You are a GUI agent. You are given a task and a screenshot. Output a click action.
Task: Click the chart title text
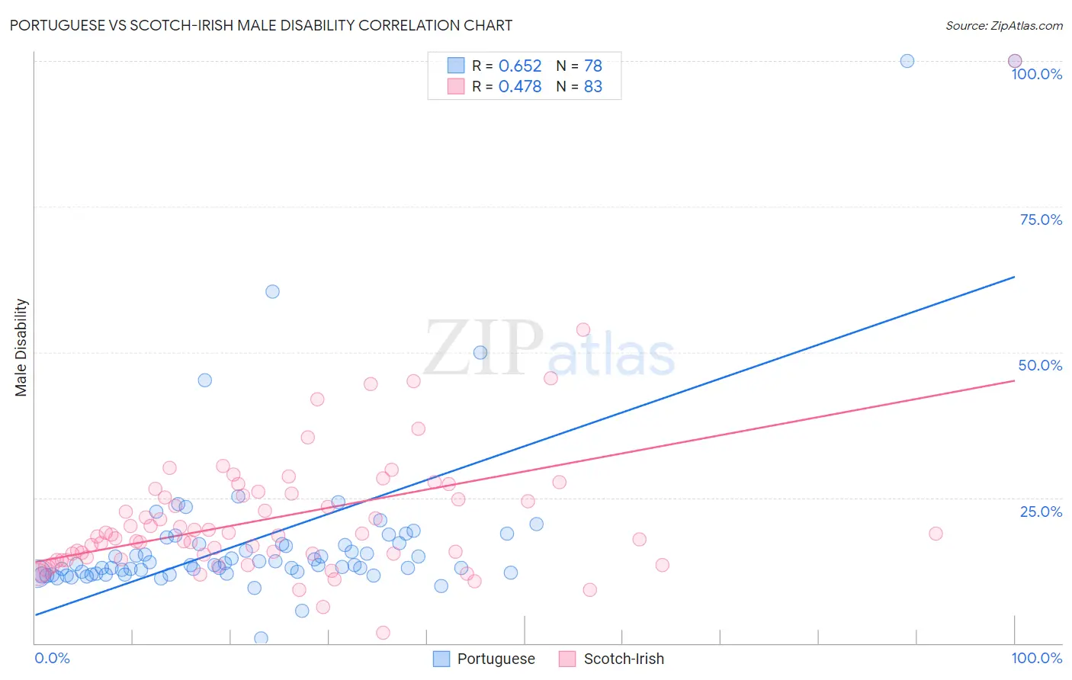(261, 25)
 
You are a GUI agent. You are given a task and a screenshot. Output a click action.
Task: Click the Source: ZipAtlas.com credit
(1003, 25)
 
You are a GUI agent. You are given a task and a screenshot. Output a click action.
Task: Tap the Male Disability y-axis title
(21, 347)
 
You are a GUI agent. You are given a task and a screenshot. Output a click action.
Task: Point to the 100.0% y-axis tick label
(1036, 74)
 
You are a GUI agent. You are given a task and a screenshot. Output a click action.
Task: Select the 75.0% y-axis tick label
(1041, 220)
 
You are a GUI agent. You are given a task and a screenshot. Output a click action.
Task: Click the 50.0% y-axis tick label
(1040, 365)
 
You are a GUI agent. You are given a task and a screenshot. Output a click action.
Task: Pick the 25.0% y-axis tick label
(1041, 512)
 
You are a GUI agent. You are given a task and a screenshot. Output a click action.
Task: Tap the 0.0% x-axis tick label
(52, 658)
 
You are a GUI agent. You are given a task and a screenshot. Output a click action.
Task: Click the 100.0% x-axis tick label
(1036, 658)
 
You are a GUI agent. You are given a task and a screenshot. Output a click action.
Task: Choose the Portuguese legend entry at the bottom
(484, 659)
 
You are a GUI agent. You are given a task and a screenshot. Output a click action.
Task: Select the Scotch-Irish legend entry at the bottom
(611, 659)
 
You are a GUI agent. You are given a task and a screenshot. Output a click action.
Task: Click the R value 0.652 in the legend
(520, 66)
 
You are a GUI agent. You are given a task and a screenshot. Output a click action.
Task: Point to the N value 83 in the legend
(592, 87)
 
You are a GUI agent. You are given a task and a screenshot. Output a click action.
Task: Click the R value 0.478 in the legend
(520, 87)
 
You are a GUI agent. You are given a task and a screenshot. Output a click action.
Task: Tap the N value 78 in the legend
(592, 66)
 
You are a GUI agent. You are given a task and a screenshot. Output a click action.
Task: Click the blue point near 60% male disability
(272, 291)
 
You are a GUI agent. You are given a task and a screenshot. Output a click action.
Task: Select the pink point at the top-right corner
(1015, 61)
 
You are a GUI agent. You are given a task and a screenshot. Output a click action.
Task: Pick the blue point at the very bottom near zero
(261, 638)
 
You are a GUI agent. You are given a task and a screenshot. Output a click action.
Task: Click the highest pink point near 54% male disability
(583, 330)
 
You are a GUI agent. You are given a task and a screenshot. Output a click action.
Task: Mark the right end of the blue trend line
(1015, 277)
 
